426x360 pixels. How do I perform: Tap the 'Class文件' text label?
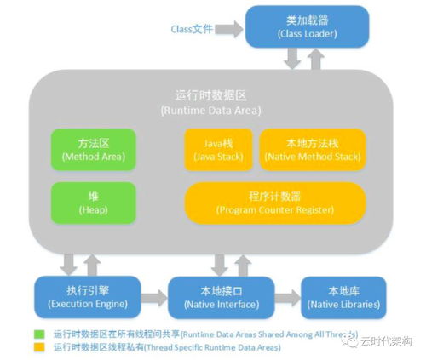(191, 28)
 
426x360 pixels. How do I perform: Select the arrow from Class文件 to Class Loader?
(227, 28)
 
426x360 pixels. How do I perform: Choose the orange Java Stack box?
(218, 150)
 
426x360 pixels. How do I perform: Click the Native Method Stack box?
(311, 150)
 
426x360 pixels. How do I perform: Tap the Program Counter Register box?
(274, 202)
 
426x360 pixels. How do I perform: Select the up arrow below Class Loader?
(316, 58)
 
